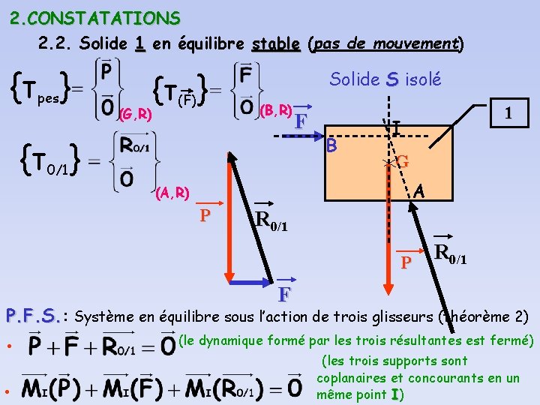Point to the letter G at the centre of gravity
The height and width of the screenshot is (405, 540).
[x=402, y=161]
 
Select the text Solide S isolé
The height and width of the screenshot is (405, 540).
[x=385, y=79]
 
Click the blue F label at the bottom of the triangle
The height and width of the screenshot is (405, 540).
[x=284, y=292]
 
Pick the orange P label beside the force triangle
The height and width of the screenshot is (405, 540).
[x=203, y=216]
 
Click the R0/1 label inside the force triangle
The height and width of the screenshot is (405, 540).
[x=271, y=218]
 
